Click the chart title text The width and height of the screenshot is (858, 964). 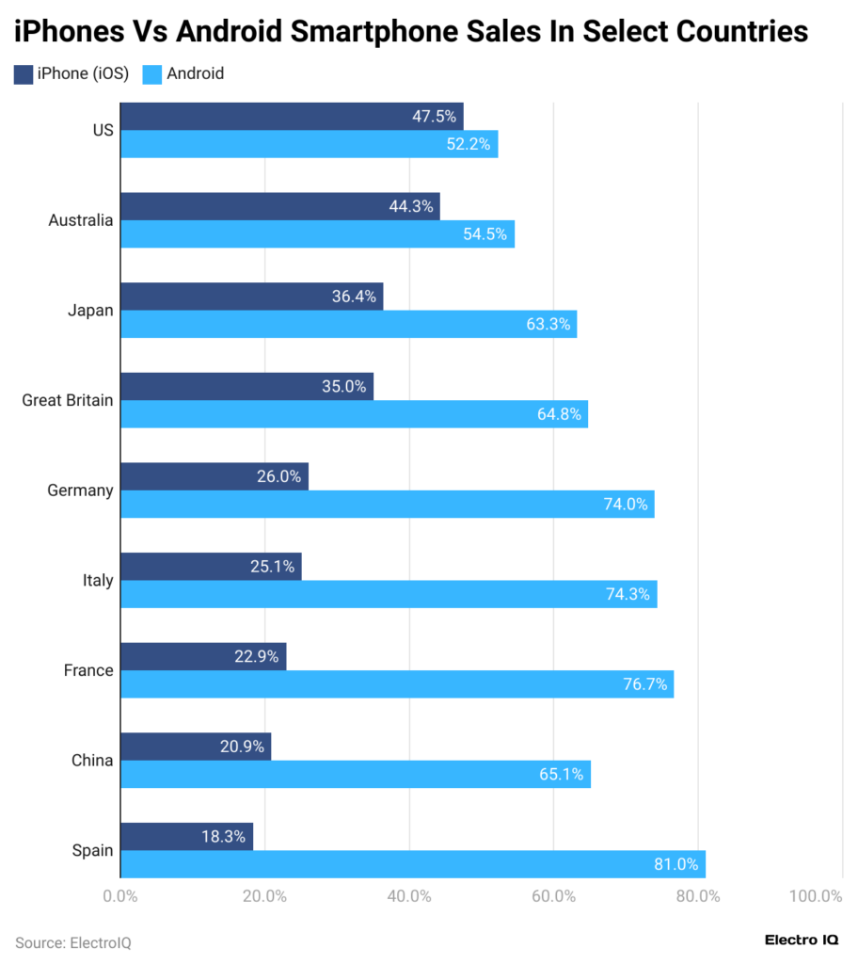point(411,31)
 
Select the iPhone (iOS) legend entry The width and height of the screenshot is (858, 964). point(71,73)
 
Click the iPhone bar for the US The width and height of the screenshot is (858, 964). point(292,117)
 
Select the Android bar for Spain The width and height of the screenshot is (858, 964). point(413,864)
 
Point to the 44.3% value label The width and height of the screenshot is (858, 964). point(410,207)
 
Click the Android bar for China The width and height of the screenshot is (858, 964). point(356,775)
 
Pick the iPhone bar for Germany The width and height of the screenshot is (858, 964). point(214,477)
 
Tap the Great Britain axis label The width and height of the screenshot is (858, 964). point(68,400)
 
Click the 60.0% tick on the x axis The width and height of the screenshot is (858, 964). point(553,896)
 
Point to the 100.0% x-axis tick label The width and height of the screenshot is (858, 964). point(816,896)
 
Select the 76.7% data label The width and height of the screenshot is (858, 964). point(644,684)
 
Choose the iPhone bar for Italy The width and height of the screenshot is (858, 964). point(211,567)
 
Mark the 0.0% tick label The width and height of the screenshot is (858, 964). point(120,896)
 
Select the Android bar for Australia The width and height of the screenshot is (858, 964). point(318,234)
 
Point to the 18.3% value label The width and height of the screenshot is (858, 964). point(224,837)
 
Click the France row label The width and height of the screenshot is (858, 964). point(88,670)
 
